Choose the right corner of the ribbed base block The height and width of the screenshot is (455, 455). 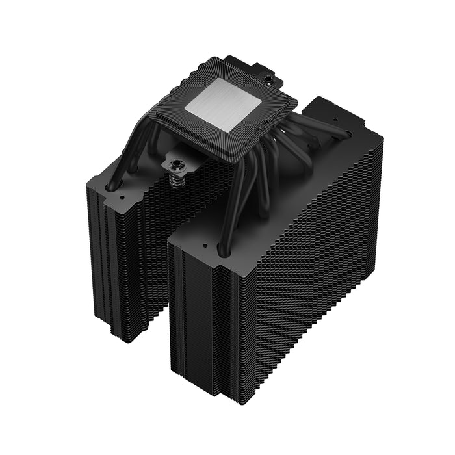[x=297, y=99]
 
